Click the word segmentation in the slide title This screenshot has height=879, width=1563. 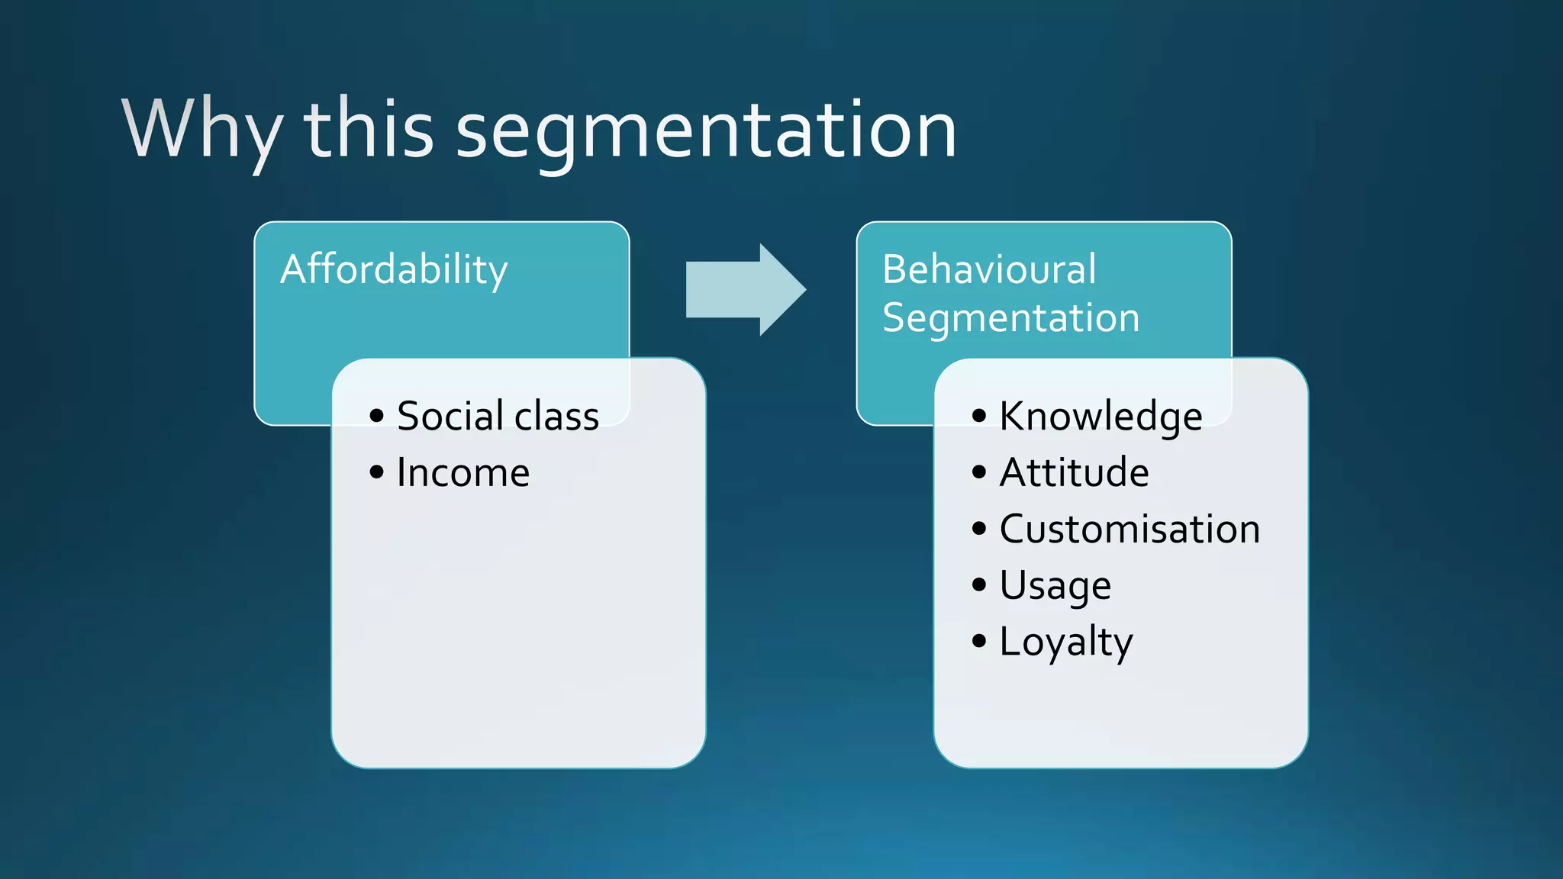tap(706, 131)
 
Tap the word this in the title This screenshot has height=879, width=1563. tap(369, 130)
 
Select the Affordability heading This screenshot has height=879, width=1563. tap(394, 270)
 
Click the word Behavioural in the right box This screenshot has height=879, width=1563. tap(989, 269)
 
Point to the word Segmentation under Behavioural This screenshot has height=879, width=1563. tap(1010, 318)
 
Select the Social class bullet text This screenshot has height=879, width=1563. tap(498, 417)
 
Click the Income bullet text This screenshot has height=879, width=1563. tap(462, 473)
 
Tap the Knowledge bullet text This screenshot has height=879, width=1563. tap(1101, 417)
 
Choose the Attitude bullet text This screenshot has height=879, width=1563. tap(1074, 473)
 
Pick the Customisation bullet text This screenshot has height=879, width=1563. tap(1130, 530)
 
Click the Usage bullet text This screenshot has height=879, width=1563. tap(1055, 586)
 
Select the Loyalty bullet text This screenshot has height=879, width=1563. tap(1065, 642)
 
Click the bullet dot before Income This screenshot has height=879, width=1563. tap(376, 472)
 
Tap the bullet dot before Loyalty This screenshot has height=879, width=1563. tap(979, 641)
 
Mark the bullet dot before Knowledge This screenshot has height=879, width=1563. tap(979, 416)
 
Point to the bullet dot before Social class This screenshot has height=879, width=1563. tap(376, 416)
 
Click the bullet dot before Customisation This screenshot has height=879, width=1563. tap(979, 529)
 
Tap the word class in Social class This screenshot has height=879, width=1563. tap(556, 417)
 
